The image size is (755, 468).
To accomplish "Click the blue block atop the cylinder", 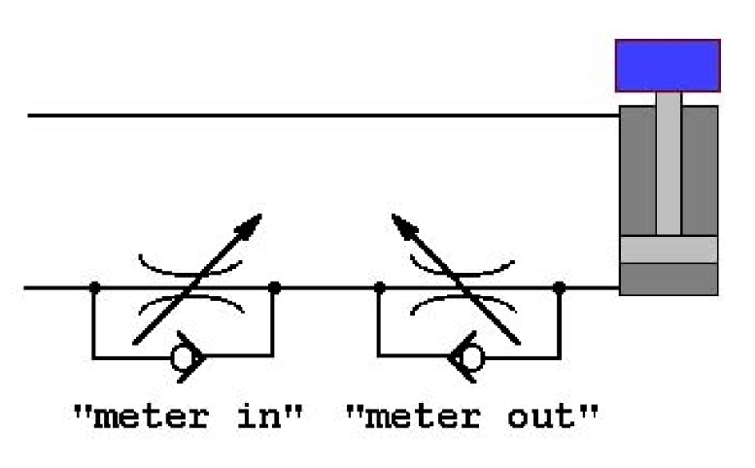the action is (668, 65).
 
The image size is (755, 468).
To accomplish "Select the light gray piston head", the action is (668, 250).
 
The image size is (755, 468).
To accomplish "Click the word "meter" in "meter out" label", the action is (421, 417).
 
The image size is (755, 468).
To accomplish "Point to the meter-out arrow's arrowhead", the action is (399, 222).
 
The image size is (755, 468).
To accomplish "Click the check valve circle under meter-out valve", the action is (470, 358).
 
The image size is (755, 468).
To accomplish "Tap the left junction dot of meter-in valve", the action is (94, 287).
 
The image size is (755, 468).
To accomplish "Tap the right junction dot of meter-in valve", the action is (275, 287).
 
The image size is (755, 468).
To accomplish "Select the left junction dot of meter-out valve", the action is (379, 287).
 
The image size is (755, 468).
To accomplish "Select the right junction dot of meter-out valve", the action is (560, 287).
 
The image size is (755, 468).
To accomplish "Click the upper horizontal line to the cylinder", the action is (321, 116).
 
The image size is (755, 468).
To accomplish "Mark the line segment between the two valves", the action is (326, 287).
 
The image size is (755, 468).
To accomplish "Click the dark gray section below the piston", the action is (668, 279).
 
